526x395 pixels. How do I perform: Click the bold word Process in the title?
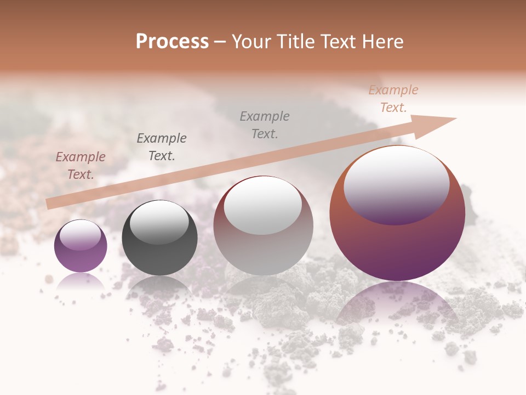tap(172, 42)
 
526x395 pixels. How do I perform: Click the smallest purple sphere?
tap(81, 246)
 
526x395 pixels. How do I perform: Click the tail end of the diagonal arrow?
tap(50, 204)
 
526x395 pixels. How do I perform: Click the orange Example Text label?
tap(393, 99)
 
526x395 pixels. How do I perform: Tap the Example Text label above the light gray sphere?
tap(265, 125)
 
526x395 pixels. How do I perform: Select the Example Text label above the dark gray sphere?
tap(162, 146)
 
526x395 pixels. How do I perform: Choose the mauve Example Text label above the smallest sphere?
tap(81, 165)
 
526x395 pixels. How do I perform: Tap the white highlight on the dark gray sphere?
tap(159, 222)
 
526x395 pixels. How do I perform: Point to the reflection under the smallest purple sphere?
tap(81, 281)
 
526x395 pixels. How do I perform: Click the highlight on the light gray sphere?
tap(263, 204)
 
